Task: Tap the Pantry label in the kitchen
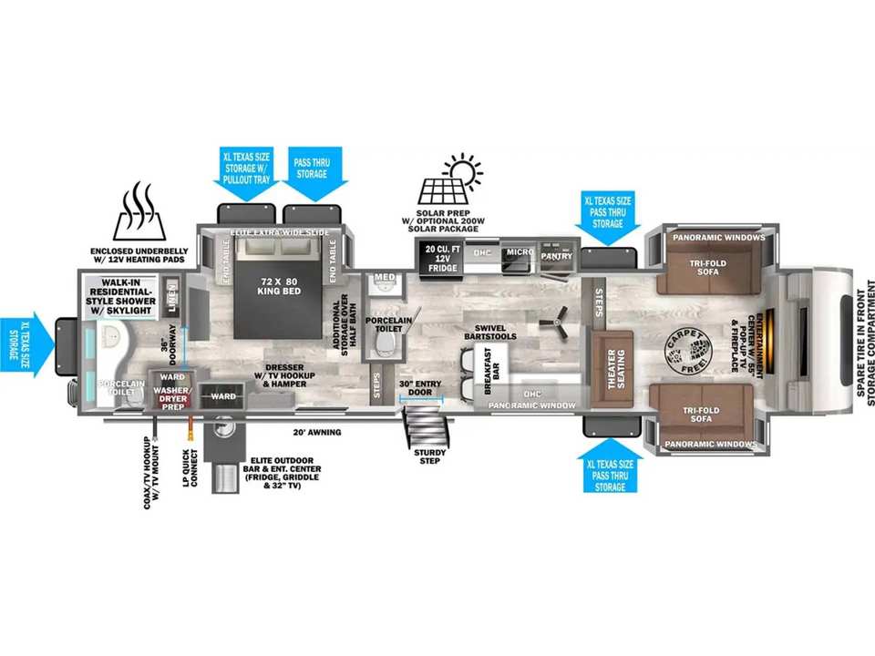(x=556, y=256)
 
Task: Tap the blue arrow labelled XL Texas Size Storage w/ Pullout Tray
(x=248, y=168)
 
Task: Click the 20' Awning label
(x=316, y=431)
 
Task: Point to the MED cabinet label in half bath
(x=384, y=278)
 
